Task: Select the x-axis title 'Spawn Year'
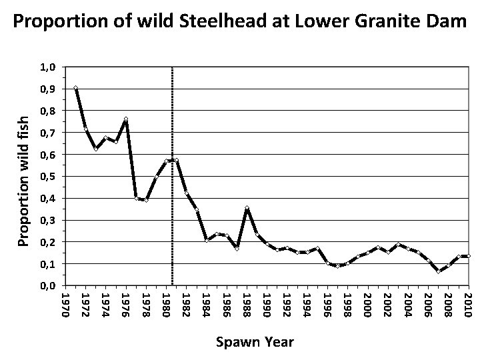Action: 254,342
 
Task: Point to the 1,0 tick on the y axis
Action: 49,67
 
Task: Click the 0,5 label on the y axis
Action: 49,177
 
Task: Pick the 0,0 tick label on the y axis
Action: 49,286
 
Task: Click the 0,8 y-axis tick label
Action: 49,111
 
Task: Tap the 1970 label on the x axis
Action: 65,303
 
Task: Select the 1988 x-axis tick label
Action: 246,303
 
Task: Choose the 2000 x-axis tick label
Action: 367,303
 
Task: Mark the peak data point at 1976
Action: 126,120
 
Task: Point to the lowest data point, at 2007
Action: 439,271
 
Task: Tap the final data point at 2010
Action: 469,256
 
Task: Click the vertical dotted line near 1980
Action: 172,200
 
